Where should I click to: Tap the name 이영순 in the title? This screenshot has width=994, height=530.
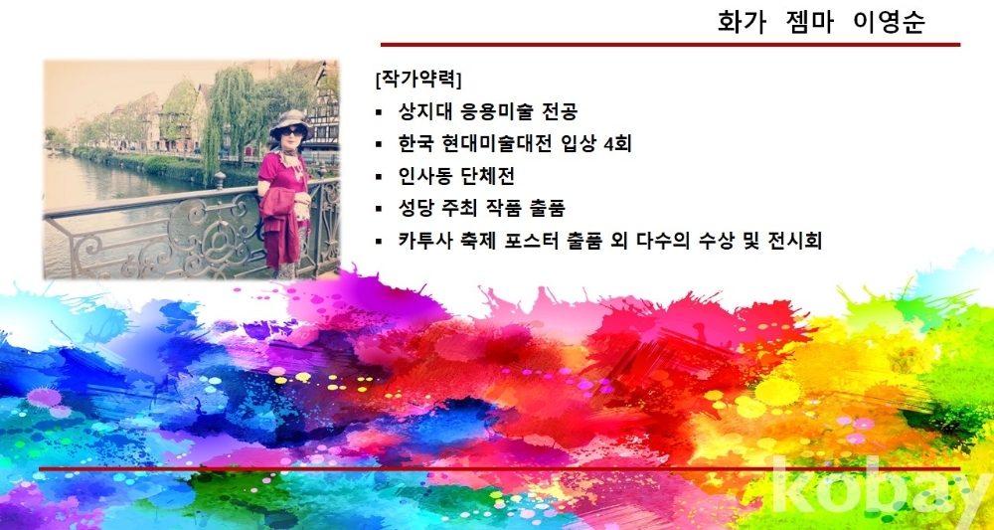click(x=890, y=22)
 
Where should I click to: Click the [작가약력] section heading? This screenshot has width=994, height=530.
click(x=418, y=80)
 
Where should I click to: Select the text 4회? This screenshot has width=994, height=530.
click(x=618, y=144)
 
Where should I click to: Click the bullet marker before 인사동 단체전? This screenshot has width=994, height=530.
click(x=379, y=177)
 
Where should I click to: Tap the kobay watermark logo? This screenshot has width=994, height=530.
click(x=881, y=488)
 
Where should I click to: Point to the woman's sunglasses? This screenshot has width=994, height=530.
click(x=292, y=131)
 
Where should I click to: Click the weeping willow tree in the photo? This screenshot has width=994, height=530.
click(x=229, y=114)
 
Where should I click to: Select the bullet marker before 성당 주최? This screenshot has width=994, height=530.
click(x=379, y=209)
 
